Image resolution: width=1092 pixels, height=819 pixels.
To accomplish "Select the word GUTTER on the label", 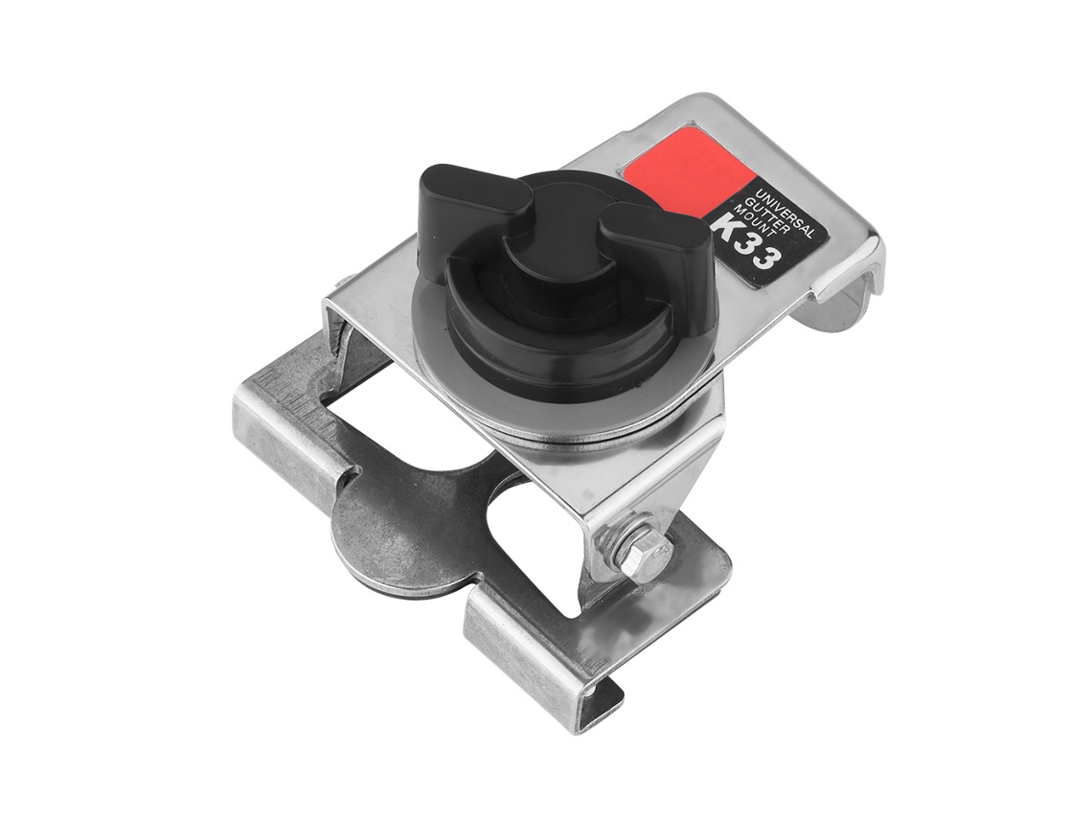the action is pos(764,215).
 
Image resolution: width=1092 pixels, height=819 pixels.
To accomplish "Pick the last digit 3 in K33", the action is pos(765,260).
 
